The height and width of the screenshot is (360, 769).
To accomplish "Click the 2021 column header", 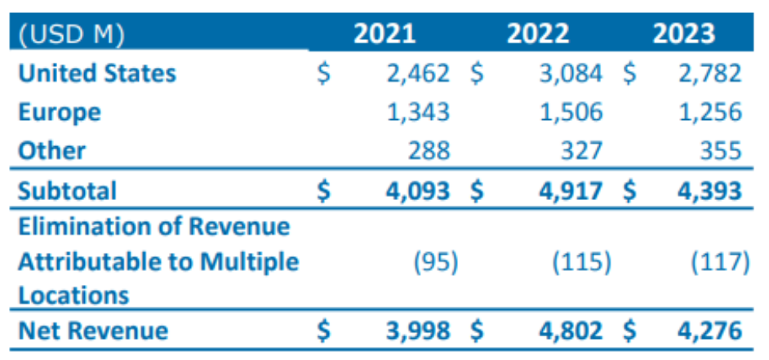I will [384, 34].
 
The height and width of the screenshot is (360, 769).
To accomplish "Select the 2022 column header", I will [538, 34].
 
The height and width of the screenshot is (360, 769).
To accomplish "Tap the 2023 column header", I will [684, 34].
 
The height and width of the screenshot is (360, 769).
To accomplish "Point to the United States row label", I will [96, 73].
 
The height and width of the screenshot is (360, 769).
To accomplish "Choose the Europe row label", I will [60, 112].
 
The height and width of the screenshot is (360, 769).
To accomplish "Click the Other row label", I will [51, 150].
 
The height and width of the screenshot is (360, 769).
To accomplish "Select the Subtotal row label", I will [68, 190].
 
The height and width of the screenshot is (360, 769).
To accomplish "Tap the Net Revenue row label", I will [93, 331].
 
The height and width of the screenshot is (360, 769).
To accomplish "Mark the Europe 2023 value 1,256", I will [710, 112].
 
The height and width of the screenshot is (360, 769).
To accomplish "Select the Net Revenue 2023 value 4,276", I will [710, 331].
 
